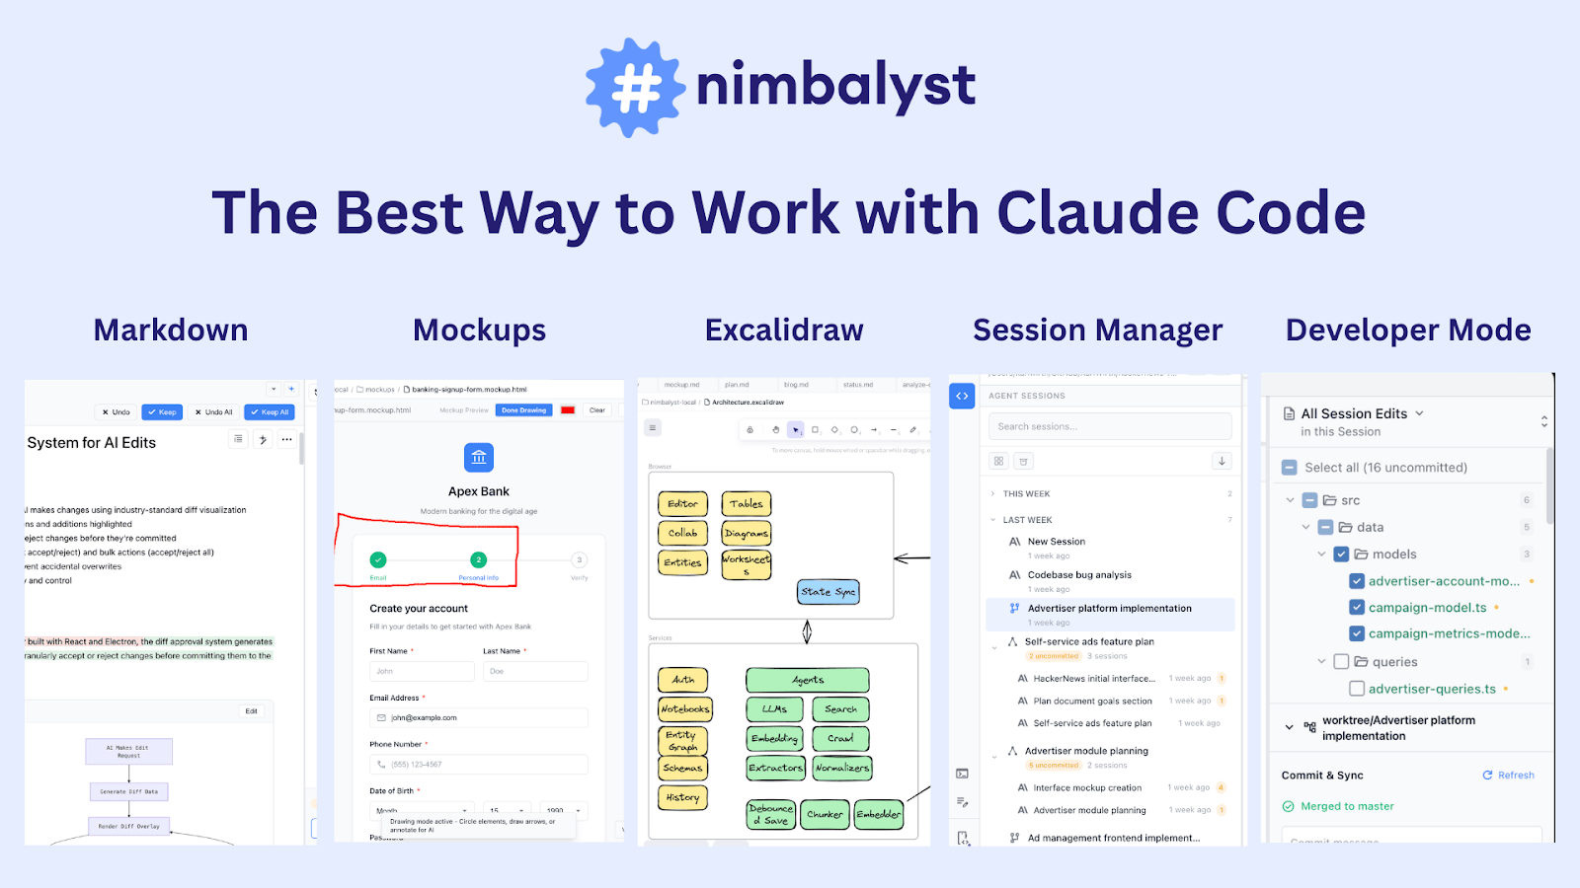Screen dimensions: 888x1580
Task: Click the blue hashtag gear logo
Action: (x=635, y=88)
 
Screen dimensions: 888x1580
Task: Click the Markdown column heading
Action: (x=171, y=331)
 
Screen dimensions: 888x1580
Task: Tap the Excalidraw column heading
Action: (x=784, y=331)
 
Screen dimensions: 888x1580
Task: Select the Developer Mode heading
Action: (x=1408, y=331)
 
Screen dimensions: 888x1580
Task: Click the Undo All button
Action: (x=213, y=412)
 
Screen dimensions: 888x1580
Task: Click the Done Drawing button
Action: (x=523, y=410)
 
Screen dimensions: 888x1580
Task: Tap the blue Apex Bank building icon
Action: (x=479, y=457)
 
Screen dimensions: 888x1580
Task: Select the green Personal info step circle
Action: (x=479, y=559)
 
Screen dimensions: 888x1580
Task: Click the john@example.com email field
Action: (x=479, y=717)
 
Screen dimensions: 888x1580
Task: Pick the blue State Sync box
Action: (x=829, y=592)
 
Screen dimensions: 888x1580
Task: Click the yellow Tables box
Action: (x=747, y=504)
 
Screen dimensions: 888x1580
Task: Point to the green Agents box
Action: (x=808, y=680)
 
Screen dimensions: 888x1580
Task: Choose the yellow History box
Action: (x=682, y=797)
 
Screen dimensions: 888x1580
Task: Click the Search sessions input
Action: (x=1110, y=426)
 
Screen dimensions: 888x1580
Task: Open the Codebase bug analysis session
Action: (x=1079, y=575)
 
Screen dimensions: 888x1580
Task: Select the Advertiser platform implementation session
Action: (x=1109, y=609)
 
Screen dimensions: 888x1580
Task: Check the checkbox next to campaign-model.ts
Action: (x=1357, y=608)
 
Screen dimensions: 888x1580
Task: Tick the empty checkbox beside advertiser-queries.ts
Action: (x=1357, y=689)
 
